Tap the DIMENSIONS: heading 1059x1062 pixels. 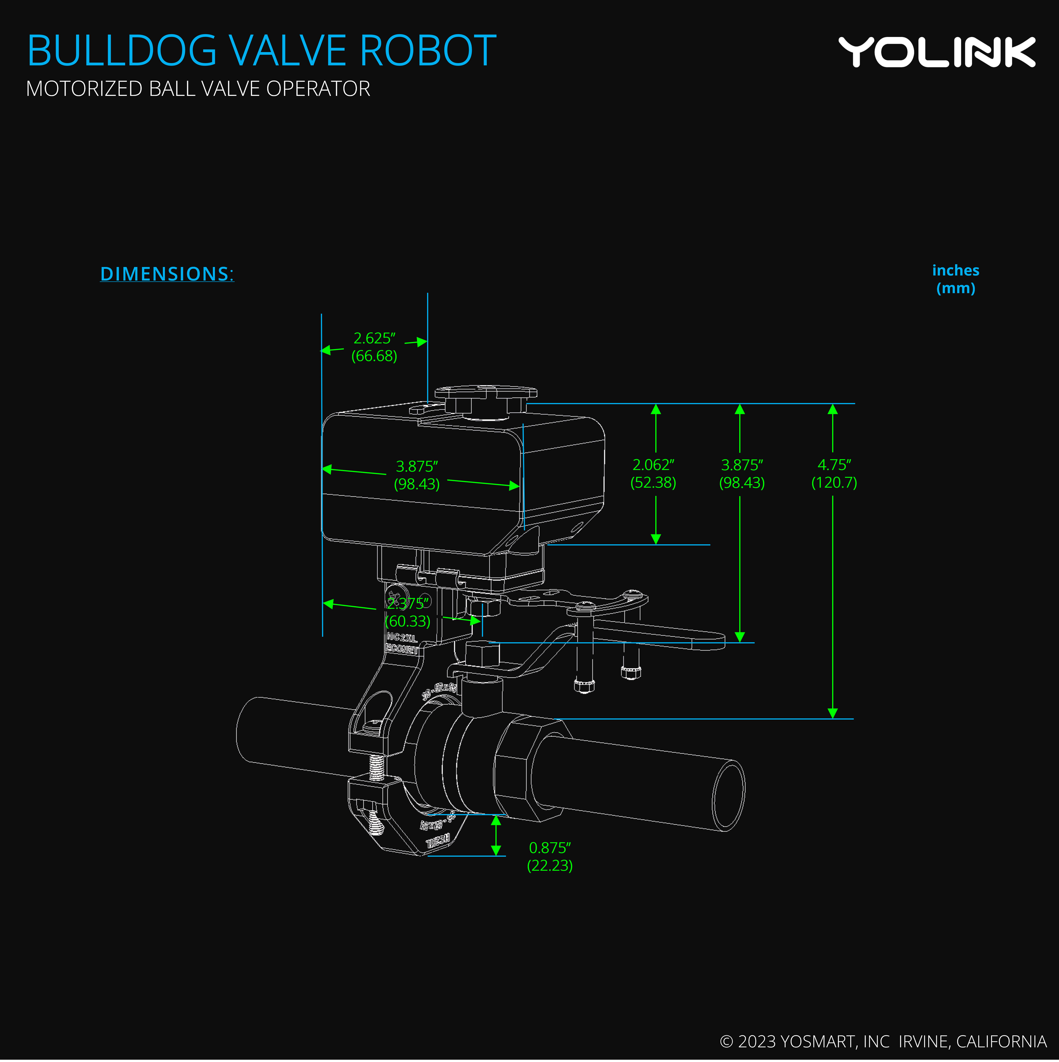(x=167, y=274)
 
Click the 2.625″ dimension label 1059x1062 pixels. (x=374, y=338)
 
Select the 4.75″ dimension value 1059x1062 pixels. (x=834, y=465)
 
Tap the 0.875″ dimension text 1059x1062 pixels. (x=550, y=848)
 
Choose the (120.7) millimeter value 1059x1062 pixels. (x=834, y=483)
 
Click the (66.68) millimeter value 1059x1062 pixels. (x=374, y=356)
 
